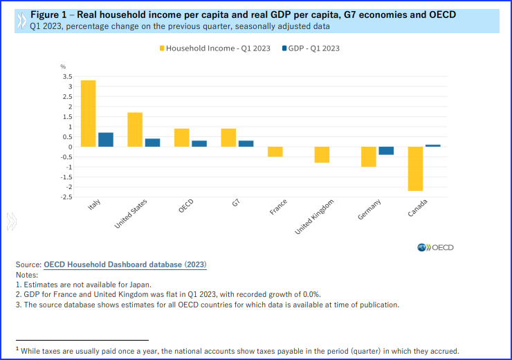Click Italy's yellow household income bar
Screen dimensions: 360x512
tap(88, 114)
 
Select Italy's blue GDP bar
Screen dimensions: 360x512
tap(106, 139)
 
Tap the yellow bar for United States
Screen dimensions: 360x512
tap(135, 129)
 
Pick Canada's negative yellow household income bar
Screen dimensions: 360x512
tap(415, 168)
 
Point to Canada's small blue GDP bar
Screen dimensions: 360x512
tap(433, 145)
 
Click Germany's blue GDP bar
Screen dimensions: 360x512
tap(386, 151)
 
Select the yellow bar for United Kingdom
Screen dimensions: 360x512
tap(322, 154)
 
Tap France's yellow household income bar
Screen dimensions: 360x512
tap(275, 152)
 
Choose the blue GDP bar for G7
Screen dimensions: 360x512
tap(246, 143)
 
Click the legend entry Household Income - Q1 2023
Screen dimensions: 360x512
tap(215, 48)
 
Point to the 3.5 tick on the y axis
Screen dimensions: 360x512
tap(67, 77)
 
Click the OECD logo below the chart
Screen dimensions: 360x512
tap(435, 248)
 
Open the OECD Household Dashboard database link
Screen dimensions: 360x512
tap(125, 264)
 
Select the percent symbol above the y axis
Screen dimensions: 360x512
tap(62, 66)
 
